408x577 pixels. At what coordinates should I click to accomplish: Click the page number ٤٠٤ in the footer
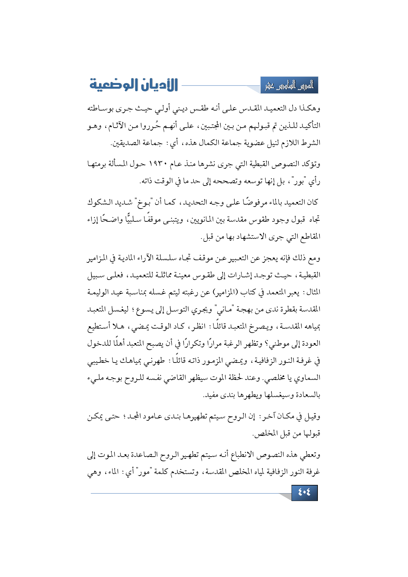[304, 492]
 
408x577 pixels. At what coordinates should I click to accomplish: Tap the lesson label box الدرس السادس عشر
[289, 86]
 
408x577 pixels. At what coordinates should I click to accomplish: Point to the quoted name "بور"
[298, 181]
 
